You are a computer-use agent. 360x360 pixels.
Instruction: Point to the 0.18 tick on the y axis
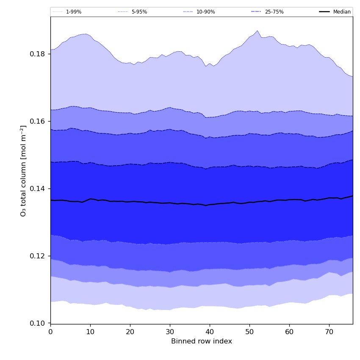point(38,54)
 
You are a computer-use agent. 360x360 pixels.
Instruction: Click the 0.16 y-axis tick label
point(38,122)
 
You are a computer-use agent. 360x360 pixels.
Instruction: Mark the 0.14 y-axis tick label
point(38,189)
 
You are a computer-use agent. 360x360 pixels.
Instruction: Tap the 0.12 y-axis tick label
point(38,256)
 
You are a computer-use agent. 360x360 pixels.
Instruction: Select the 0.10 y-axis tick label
point(38,324)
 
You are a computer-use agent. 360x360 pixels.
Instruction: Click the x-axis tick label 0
point(50,332)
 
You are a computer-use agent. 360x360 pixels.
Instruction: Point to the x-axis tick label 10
point(90,332)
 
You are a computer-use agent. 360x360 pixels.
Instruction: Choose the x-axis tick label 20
point(130,332)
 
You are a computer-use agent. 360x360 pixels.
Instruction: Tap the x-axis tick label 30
point(170,332)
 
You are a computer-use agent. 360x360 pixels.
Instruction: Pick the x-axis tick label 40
point(210,332)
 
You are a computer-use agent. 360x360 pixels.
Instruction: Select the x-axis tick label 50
point(249,332)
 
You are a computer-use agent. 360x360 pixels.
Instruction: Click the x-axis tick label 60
point(289,332)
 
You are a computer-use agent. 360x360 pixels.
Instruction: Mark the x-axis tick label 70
point(329,332)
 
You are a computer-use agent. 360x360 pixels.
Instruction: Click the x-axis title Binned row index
point(202,341)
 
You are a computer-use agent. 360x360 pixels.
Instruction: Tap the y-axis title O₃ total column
point(24,170)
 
